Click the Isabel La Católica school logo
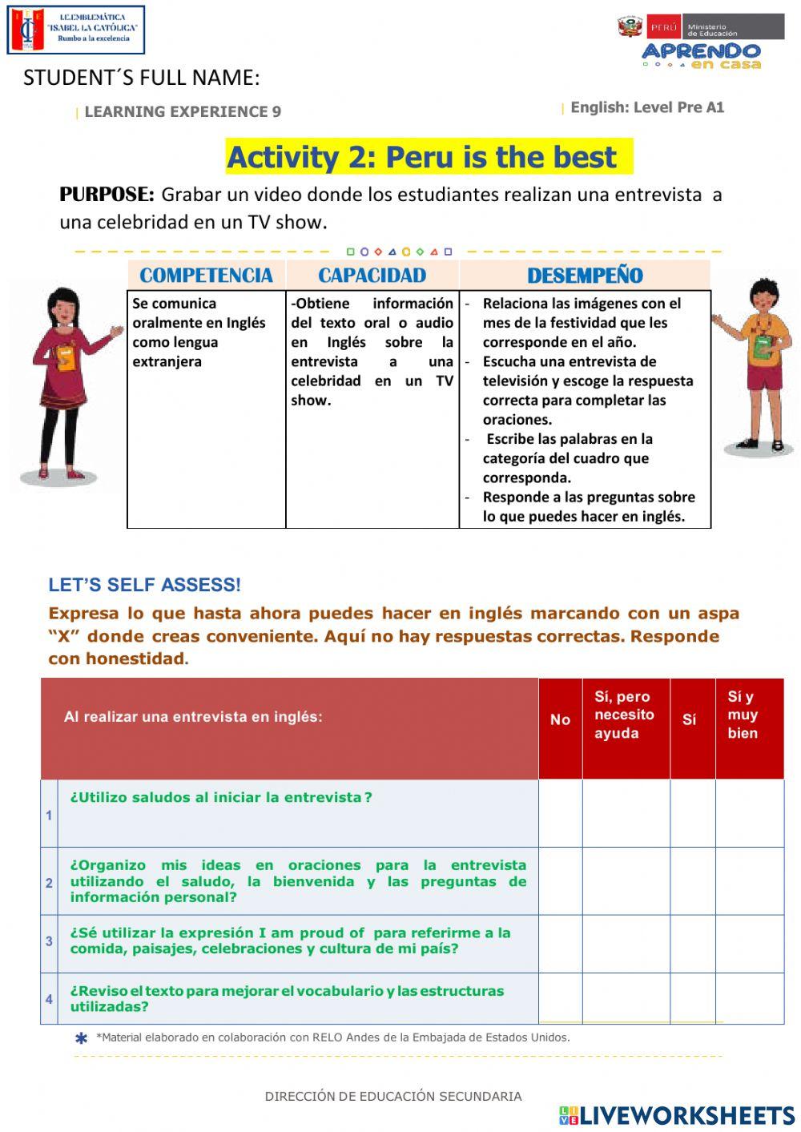point(75,30)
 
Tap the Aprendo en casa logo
point(701,54)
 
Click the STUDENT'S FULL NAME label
point(141,78)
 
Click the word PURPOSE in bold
point(107,195)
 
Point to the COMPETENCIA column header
point(206,276)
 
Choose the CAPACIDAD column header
point(372,276)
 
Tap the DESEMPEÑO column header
point(585,276)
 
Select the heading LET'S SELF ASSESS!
point(144,585)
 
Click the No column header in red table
point(560,719)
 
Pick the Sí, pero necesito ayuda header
point(625,715)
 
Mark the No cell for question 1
point(560,813)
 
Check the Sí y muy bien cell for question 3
point(749,944)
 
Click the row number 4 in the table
point(49,999)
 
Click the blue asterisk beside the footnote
point(81,1039)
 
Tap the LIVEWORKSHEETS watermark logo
point(676,1115)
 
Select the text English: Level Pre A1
point(646,107)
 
